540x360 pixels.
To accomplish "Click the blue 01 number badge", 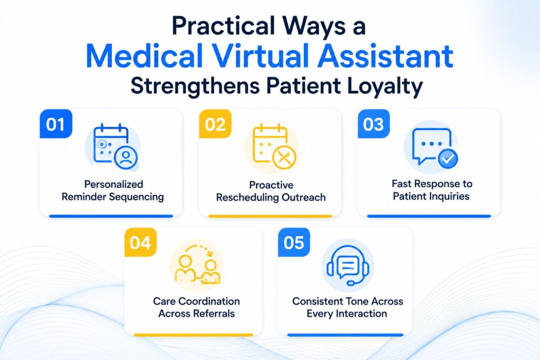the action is click(56, 124).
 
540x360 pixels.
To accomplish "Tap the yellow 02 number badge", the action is click(215, 124).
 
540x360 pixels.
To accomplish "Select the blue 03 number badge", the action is click(374, 124).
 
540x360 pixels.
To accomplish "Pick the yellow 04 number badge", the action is click(140, 242).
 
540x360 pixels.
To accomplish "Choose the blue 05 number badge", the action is click(294, 242).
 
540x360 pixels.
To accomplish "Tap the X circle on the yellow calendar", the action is click(284, 158).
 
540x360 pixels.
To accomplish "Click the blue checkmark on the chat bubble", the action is click(448, 159).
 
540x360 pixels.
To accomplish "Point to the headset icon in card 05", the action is click(348, 265).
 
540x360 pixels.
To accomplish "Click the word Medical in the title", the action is click(144, 56).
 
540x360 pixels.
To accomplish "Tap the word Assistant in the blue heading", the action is click(385, 56).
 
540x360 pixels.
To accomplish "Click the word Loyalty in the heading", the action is click(384, 86).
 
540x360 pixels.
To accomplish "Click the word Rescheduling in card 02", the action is click(247, 198).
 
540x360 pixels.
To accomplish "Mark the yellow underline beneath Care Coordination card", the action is click(193, 335).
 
